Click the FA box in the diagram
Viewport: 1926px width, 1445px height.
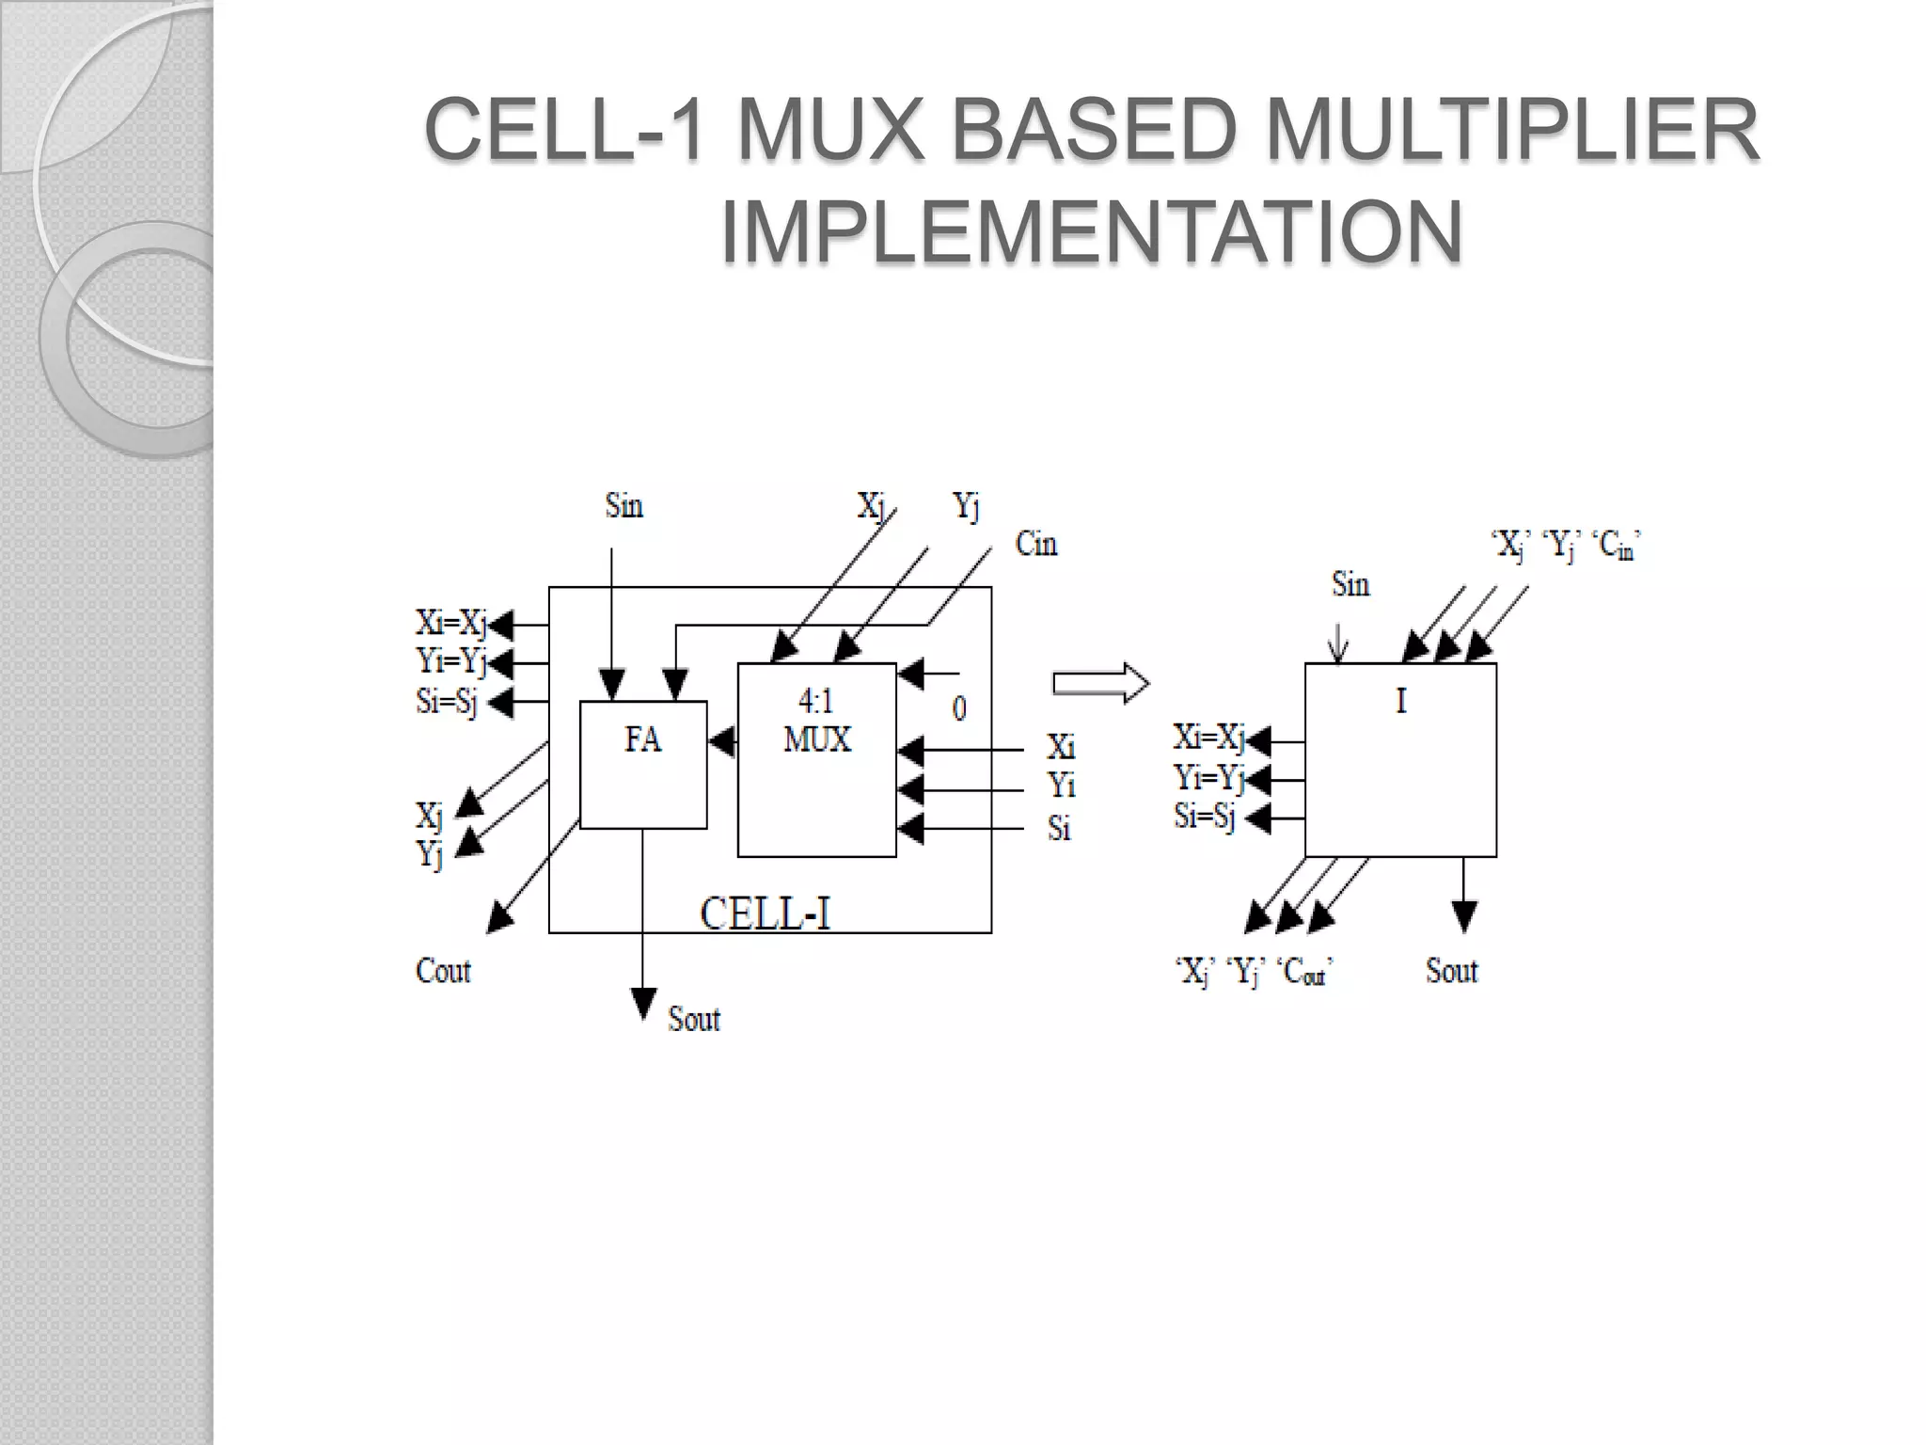click(x=643, y=764)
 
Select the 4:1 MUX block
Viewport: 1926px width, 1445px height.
click(x=816, y=759)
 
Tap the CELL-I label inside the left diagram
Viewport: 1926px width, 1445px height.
click(x=766, y=913)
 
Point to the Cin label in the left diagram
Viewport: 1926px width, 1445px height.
click(x=1036, y=544)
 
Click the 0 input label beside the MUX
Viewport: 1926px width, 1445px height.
click(x=959, y=707)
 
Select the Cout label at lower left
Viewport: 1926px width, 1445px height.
click(x=443, y=971)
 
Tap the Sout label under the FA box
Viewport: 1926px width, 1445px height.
click(x=694, y=1019)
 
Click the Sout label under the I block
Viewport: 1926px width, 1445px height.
click(x=1452, y=971)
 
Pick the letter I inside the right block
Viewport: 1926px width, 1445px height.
click(x=1401, y=701)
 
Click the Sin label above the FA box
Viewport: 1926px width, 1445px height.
click(x=624, y=506)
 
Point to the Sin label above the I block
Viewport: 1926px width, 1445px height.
click(x=1350, y=585)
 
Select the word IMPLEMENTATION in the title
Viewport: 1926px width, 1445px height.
click(x=1091, y=231)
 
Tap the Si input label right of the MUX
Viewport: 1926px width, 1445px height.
click(x=1059, y=828)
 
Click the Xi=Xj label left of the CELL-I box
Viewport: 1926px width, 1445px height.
click(x=451, y=623)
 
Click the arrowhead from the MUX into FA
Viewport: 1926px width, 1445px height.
click(x=722, y=742)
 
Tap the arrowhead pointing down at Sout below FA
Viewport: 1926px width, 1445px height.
click(x=643, y=1003)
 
